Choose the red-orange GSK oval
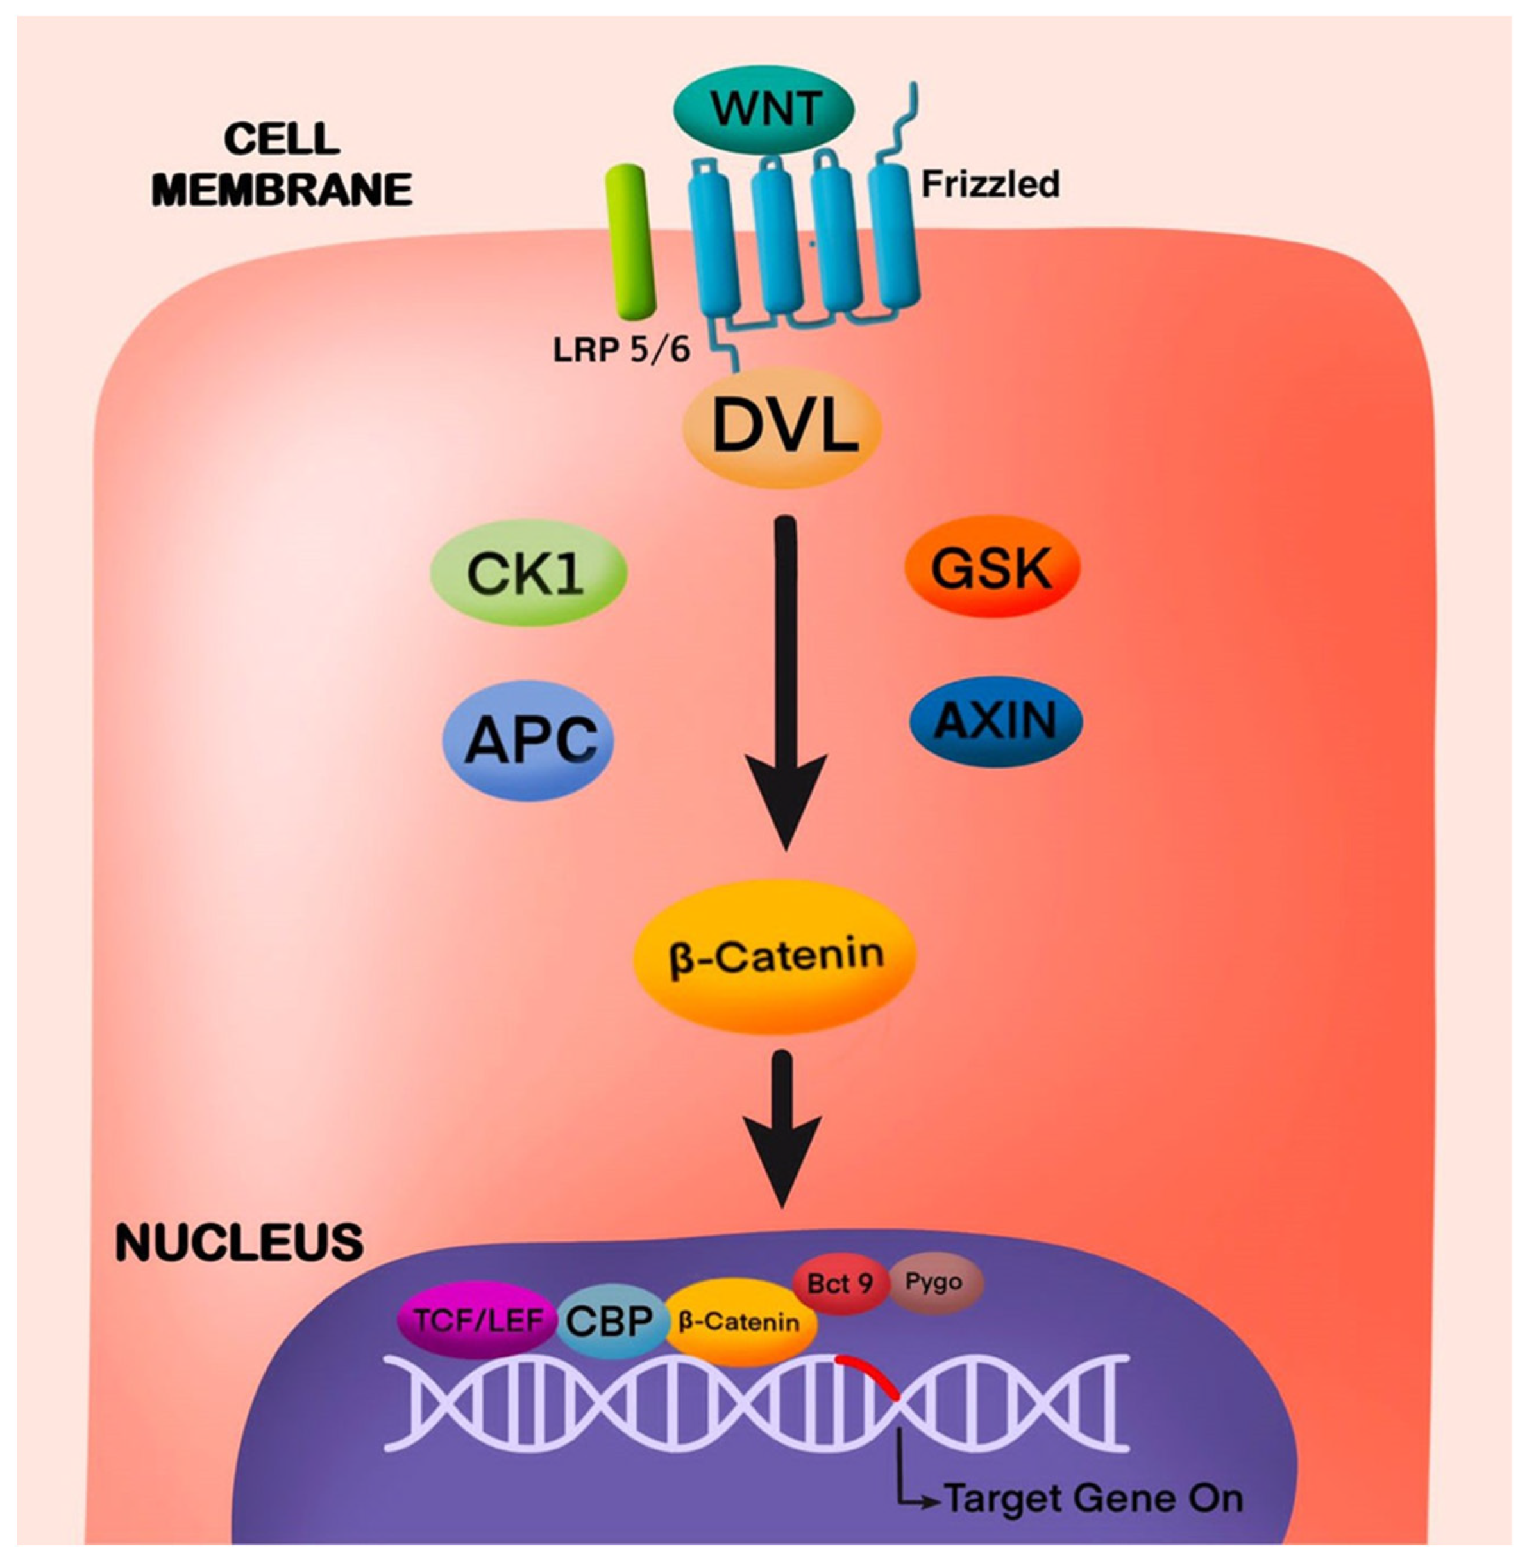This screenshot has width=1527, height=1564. click(x=992, y=568)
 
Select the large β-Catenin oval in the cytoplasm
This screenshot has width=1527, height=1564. click(x=775, y=955)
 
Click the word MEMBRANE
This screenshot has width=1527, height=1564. click(x=282, y=190)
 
